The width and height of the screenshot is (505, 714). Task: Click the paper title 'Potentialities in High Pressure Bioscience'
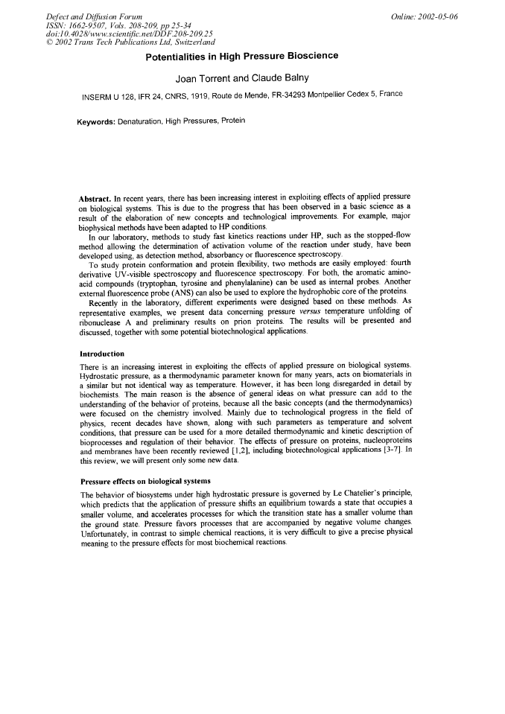(252, 56)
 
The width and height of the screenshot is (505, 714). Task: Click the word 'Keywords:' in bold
(101, 121)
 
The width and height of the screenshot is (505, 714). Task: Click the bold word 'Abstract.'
(96, 199)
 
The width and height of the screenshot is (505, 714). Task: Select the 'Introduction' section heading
(102, 353)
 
